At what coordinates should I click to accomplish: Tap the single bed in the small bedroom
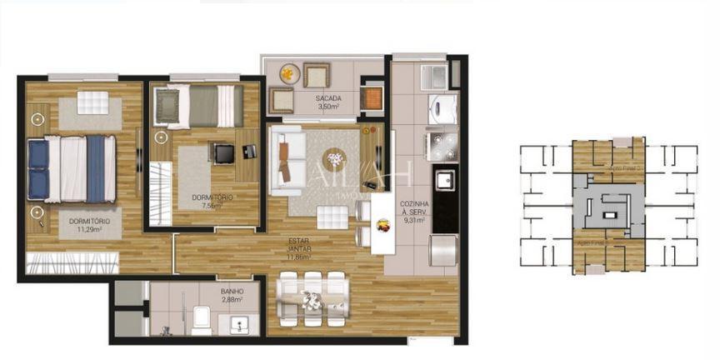(x=200, y=106)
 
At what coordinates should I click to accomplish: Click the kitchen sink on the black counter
(x=444, y=178)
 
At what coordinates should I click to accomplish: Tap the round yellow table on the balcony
(x=287, y=73)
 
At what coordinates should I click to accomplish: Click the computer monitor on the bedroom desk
(x=224, y=153)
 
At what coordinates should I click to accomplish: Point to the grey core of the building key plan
(x=608, y=204)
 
